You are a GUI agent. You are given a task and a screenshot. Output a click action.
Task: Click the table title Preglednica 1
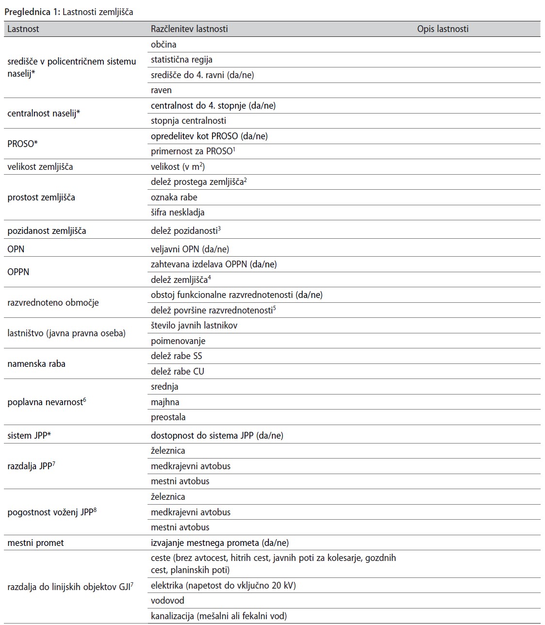[68, 12]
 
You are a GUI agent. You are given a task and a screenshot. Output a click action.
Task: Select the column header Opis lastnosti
[443, 29]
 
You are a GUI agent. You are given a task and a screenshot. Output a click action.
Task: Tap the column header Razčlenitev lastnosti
[189, 29]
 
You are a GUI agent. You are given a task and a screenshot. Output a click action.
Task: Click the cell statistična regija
[182, 60]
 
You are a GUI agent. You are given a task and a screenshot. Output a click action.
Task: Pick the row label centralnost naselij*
[44, 113]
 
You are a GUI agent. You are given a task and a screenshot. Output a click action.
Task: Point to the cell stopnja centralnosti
[188, 120]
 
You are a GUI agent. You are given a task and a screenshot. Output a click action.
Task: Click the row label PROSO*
[22, 144]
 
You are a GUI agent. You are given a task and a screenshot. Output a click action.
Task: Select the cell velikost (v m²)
[178, 166]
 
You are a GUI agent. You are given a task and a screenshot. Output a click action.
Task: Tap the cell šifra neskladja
[178, 212]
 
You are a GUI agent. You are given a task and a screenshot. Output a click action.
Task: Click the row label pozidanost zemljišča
[47, 231]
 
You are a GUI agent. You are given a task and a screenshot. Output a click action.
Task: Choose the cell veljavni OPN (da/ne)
[190, 249]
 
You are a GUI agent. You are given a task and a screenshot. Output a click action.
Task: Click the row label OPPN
[18, 272]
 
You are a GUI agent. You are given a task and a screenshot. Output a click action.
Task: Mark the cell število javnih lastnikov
[194, 325]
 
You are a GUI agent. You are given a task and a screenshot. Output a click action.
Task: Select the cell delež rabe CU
[178, 371]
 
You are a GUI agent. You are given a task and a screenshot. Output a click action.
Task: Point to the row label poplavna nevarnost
[46, 402]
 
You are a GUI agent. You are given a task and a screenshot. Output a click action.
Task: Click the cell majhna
[165, 402]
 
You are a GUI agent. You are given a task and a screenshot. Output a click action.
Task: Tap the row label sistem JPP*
[29, 435]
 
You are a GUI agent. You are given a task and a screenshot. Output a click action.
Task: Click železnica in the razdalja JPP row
[168, 450]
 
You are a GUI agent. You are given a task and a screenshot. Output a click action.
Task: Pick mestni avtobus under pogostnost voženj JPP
[180, 527]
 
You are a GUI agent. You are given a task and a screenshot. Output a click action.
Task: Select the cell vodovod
[167, 600]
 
